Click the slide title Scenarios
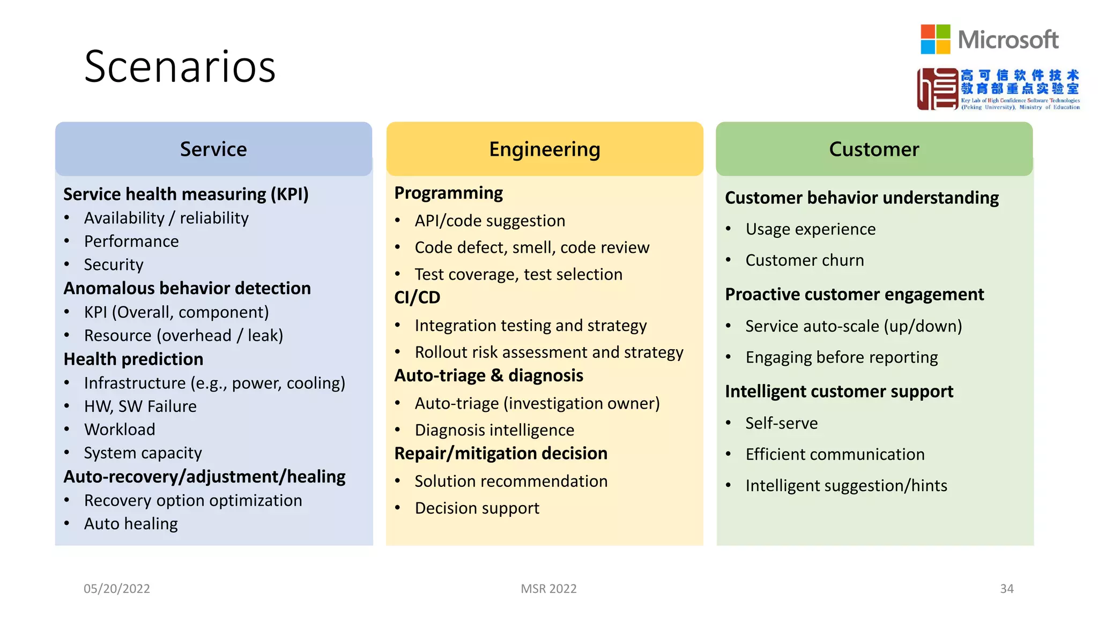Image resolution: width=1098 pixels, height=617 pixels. pyautogui.click(x=180, y=66)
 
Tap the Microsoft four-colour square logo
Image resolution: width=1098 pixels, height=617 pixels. pyautogui.click(x=935, y=39)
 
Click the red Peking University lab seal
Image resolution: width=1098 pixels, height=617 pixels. pyautogui.click(x=937, y=89)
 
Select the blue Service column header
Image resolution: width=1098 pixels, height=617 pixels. pyautogui.click(x=213, y=149)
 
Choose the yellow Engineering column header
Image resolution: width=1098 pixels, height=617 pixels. pyautogui.click(x=544, y=149)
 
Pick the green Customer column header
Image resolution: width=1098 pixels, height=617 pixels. pyautogui.click(x=874, y=149)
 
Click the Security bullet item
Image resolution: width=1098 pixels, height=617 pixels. pyautogui.click(x=114, y=265)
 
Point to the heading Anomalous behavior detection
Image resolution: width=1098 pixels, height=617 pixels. pyautogui.click(x=187, y=288)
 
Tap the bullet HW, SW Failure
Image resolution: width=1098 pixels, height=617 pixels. pyautogui.click(x=140, y=406)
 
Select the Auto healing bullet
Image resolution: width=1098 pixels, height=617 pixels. pyautogui.click(x=131, y=523)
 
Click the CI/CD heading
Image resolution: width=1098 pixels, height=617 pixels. pyautogui.click(x=417, y=297)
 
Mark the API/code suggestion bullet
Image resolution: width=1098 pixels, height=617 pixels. pyautogui.click(x=489, y=221)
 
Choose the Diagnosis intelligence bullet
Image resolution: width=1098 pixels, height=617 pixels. pyautogui.click(x=494, y=430)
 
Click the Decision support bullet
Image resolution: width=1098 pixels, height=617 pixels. pyautogui.click(x=477, y=508)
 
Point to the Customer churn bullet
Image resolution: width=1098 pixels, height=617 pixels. pyautogui.click(x=804, y=260)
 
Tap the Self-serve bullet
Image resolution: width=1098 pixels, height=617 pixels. pyautogui.click(x=781, y=423)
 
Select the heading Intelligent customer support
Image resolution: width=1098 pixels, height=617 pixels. pyautogui.click(x=839, y=392)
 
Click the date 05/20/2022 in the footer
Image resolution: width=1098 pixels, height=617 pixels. pyautogui.click(x=117, y=589)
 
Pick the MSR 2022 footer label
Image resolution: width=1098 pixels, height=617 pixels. pyautogui.click(x=548, y=589)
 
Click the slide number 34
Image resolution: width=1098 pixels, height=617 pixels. pyautogui.click(x=1006, y=589)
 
